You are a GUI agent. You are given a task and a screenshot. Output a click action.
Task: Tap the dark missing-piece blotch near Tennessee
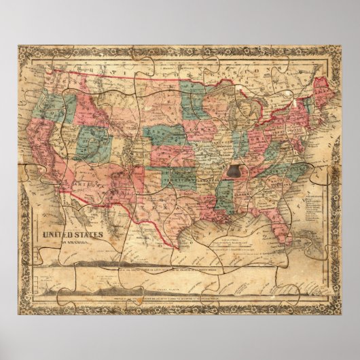[x=236, y=173]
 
